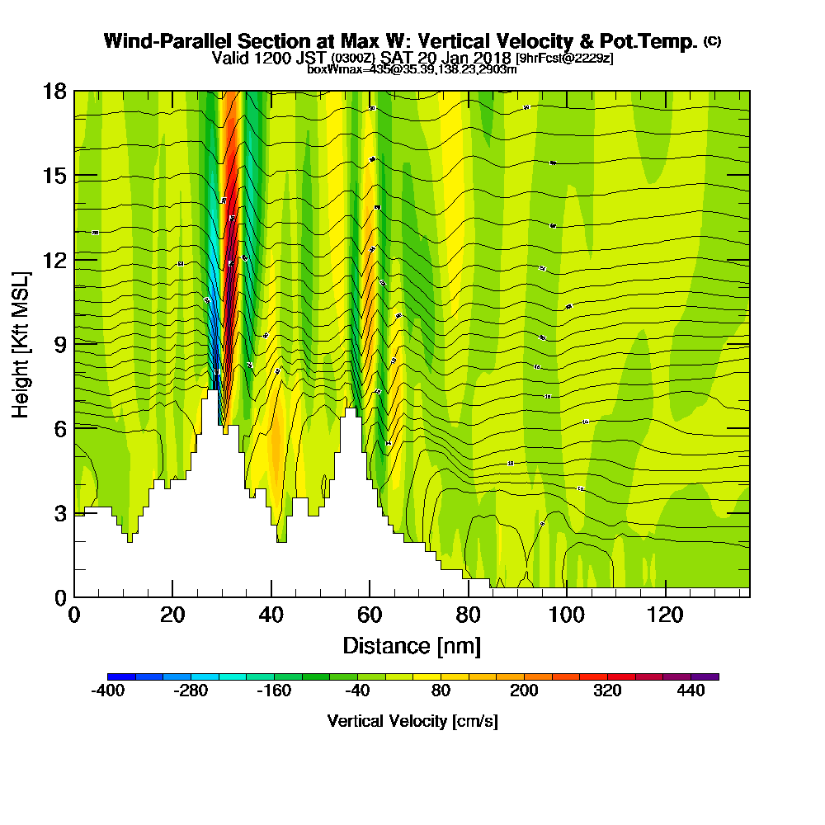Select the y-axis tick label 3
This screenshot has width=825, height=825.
[59, 512]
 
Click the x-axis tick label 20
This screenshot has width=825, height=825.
[172, 615]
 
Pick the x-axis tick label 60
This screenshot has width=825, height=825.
[370, 615]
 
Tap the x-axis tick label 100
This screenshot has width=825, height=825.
[567, 615]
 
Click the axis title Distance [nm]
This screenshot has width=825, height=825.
[412, 644]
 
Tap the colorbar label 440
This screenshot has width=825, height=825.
[691, 691]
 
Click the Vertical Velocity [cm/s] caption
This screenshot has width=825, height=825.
[412, 721]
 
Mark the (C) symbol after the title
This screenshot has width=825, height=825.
[712, 41]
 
